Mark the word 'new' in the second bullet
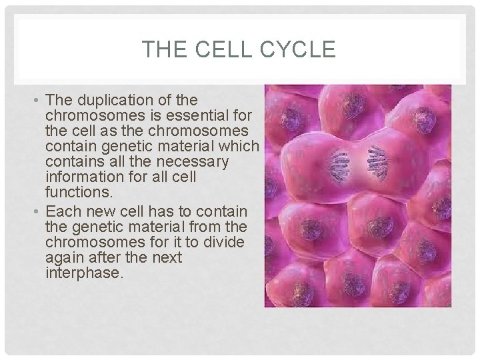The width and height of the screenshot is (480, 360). (x=95, y=211)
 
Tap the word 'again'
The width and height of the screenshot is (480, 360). (x=63, y=257)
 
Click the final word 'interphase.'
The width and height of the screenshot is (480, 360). (x=85, y=273)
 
